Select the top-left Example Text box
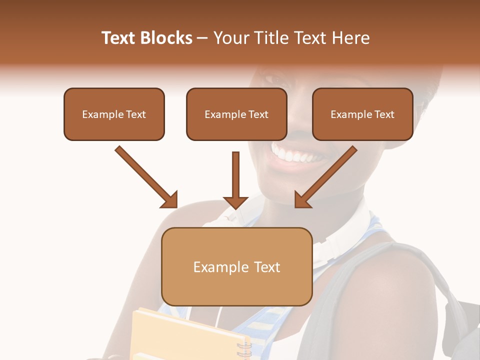pos(114,114)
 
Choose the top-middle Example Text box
pos(236,114)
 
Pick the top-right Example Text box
pos(362,114)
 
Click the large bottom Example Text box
pos(237,267)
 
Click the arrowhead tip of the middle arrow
pos(236,206)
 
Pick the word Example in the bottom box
pos(214,267)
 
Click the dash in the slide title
pos(202,38)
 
